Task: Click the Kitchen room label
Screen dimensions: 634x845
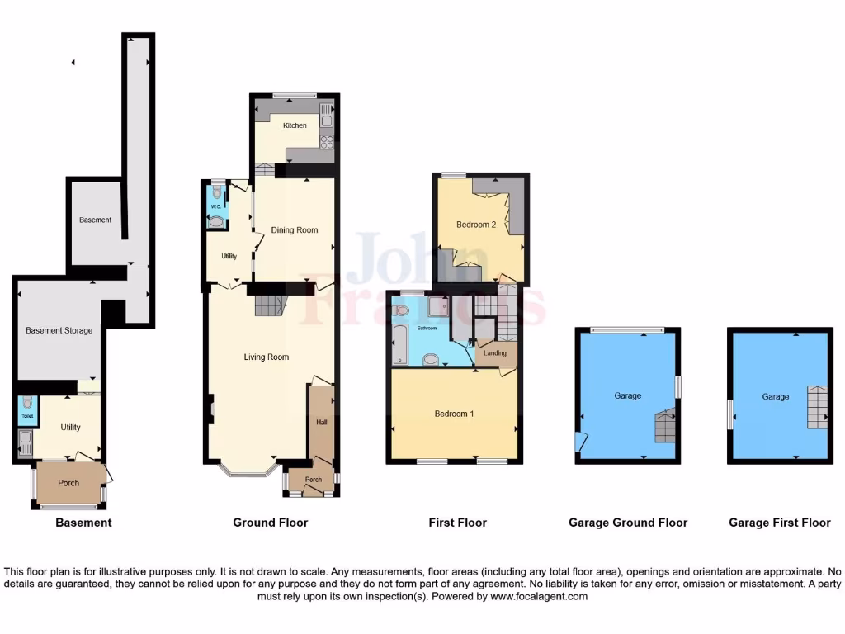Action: click(x=295, y=125)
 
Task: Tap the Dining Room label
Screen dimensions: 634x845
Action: click(x=295, y=230)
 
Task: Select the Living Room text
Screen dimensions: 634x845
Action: click(x=266, y=357)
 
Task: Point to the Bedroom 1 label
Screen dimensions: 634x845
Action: click(x=454, y=414)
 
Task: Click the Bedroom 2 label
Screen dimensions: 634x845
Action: click(x=476, y=225)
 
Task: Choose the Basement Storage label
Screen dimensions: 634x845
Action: click(x=59, y=330)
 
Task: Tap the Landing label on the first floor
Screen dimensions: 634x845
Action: click(x=495, y=353)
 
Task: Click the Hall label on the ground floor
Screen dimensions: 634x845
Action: click(x=321, y=422)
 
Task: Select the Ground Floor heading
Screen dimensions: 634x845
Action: click(x=270, y=523)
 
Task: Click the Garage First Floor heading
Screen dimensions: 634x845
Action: click(x=780, y=523)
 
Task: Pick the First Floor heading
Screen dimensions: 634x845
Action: click(x=457, y=523)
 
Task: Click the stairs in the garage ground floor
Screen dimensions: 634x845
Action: click(x=665, y=427)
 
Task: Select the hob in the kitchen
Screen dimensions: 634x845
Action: click(x=327, y=141)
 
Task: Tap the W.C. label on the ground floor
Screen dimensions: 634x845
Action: click(x=215, y=206)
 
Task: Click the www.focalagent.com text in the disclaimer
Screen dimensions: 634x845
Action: click(x=540, y=596)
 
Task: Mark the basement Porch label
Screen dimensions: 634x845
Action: click(x=68, y=483)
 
